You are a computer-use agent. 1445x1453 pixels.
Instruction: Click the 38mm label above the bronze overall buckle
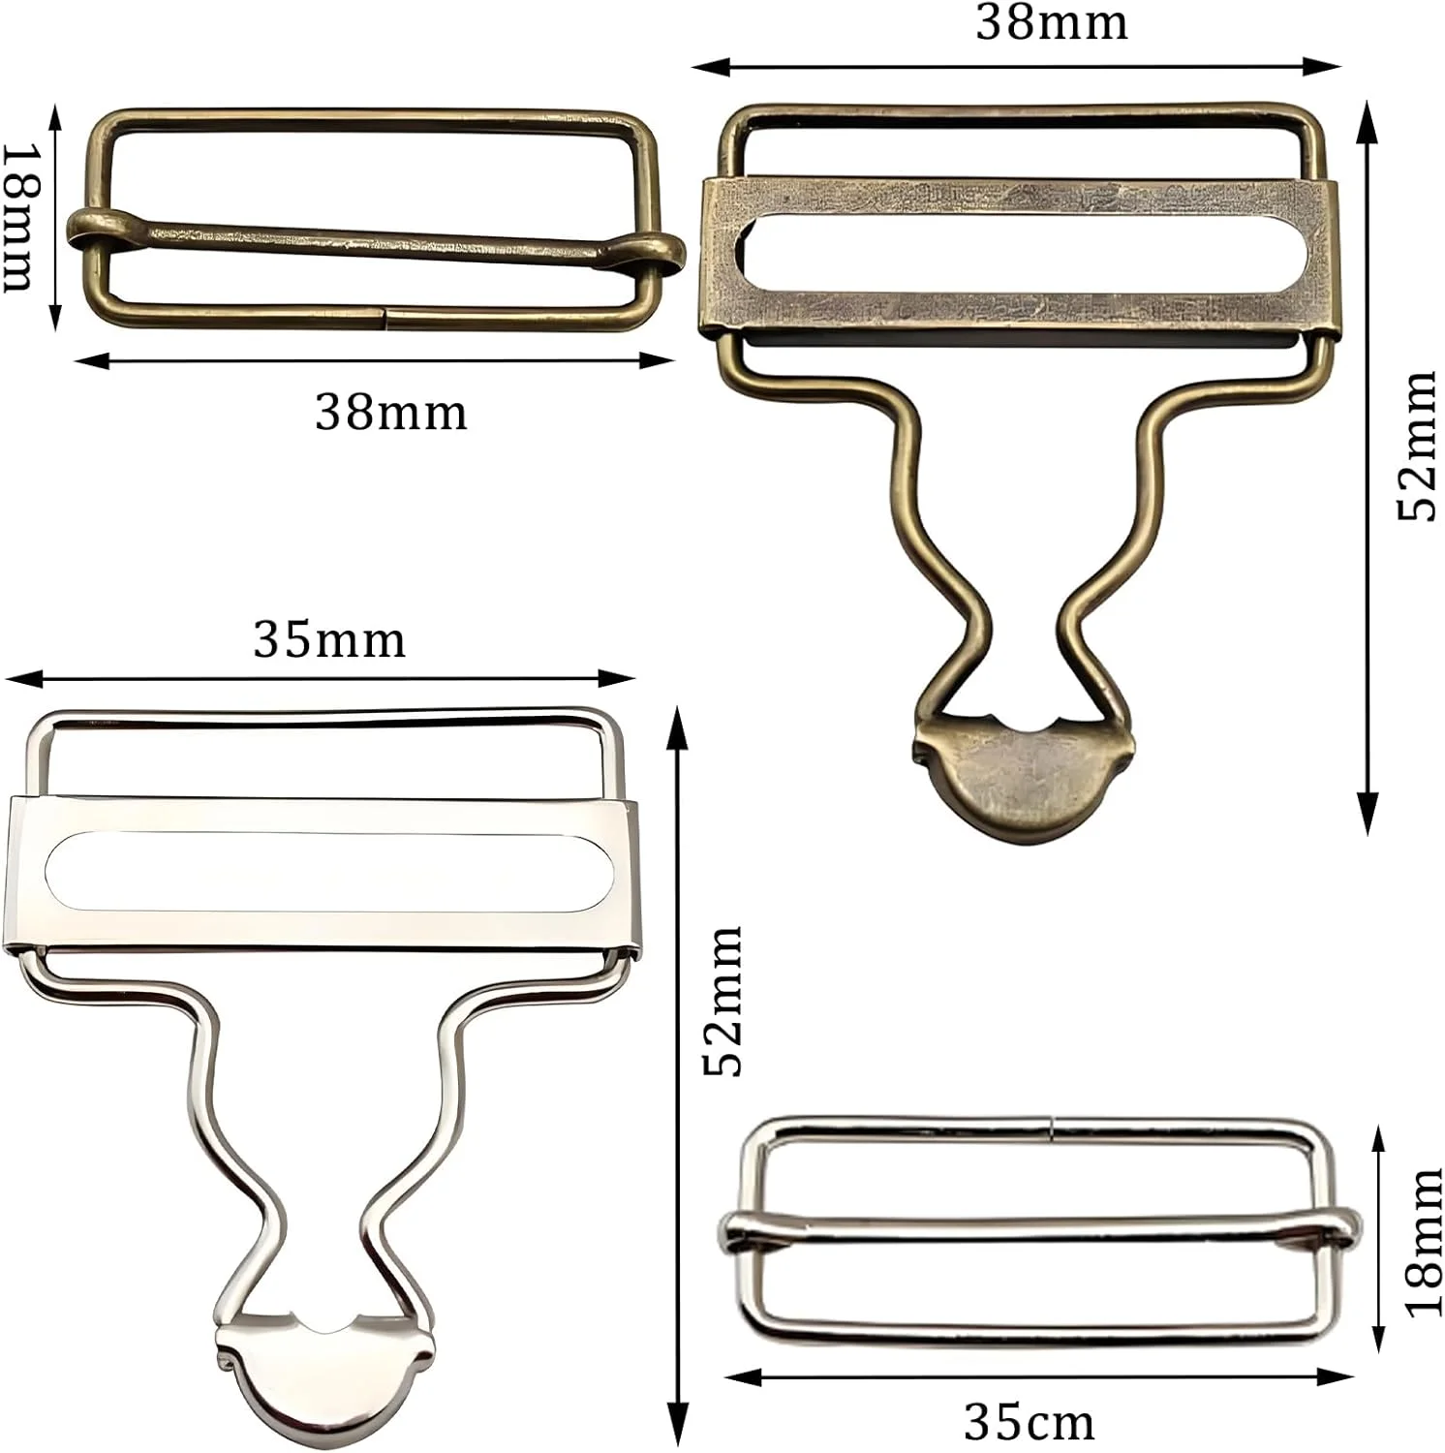(x=1052, y=22)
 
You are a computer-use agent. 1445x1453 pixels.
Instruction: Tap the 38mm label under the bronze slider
(x=391, y=412)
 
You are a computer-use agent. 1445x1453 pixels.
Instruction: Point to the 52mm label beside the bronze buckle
(x=1417, y=446)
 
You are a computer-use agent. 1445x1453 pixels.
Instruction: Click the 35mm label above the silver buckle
(x=329, y=639)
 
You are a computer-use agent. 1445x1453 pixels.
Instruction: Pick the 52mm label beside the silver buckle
(x=722, y=1001)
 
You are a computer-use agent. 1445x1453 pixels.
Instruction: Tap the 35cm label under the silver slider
(x=1030, y=1422)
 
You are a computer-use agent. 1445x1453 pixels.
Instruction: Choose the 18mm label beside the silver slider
(x=1423, y=1242)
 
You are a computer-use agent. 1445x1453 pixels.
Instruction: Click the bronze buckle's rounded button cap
(x=1024, y=778)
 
